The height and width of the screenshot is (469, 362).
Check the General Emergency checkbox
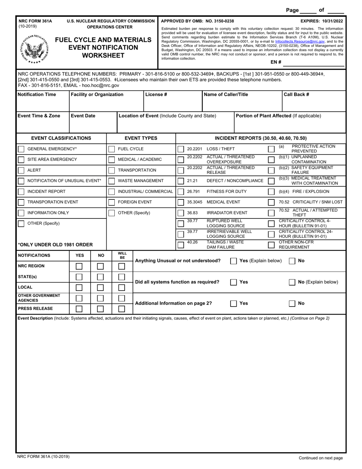[x=21, y=149]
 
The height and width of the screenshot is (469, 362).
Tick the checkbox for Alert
[x=21, y=170]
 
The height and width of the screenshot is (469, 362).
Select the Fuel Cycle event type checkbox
[x=112, y=149]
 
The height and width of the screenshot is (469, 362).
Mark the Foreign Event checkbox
[x=112, y=202]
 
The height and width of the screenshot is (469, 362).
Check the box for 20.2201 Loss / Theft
[x=181, y=149]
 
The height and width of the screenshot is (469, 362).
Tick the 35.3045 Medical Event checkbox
[x=181, y=202]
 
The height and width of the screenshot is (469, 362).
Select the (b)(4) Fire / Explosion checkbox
[x=271, y=192]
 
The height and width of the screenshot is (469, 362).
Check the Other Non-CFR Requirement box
[x=271, y=244]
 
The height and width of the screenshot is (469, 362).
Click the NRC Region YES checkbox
[x=79, y=266]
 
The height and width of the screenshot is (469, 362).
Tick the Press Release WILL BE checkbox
[x=122, y=308]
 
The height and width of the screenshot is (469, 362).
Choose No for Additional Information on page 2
[x=292, y=304]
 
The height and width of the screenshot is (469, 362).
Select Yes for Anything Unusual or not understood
[x=234, y=261]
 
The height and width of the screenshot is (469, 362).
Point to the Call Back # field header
[x=296, y=95]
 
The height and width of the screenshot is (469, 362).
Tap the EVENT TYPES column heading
[x=141, y=138]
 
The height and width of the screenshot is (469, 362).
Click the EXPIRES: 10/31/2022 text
[x=321, y=21]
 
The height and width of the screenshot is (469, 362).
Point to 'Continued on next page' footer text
[x=320, y=458]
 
